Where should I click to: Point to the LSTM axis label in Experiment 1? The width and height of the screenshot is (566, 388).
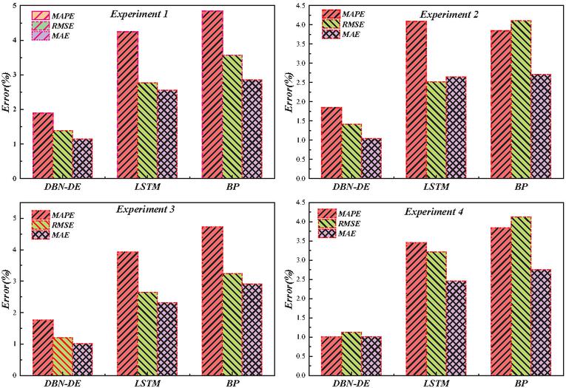(147, 188)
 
